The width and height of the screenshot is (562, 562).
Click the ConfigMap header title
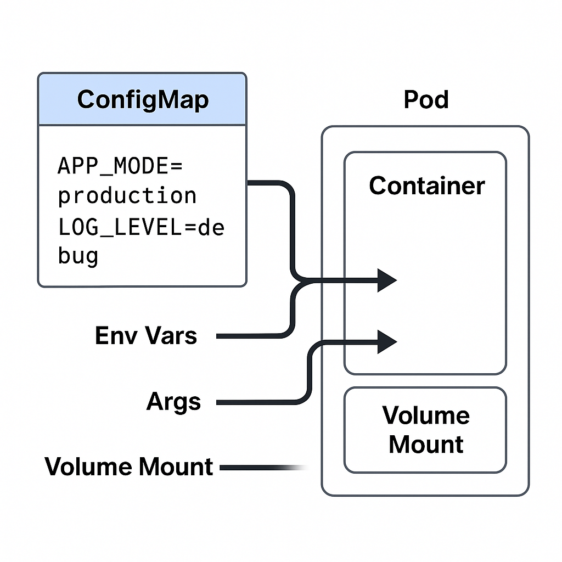tap(143, 100)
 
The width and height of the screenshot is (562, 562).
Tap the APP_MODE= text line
tap(120, 165)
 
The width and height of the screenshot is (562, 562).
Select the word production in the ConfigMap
tap(127, 195)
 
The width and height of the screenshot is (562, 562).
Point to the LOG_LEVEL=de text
tap(141, 227)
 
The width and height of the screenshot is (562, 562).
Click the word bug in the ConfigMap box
tap(78, 256)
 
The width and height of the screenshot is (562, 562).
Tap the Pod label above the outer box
tap(426, 100)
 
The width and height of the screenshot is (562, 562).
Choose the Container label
tap(426, 186)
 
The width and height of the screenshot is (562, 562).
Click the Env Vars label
tap(146, 335)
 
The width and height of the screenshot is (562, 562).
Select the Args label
tap(174, 402)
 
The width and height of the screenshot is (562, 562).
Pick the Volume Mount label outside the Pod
tap(129, 467)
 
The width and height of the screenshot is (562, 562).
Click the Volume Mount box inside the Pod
tap(425, 430)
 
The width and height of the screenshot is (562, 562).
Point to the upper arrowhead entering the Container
tap(387, 280)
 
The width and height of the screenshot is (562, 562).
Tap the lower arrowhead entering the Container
tap(387, 342)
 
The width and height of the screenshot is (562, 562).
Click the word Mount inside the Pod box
tap(426, 444)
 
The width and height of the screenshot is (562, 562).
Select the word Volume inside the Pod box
tap(426, 415)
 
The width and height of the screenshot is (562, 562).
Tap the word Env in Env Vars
tap(116, 335)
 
